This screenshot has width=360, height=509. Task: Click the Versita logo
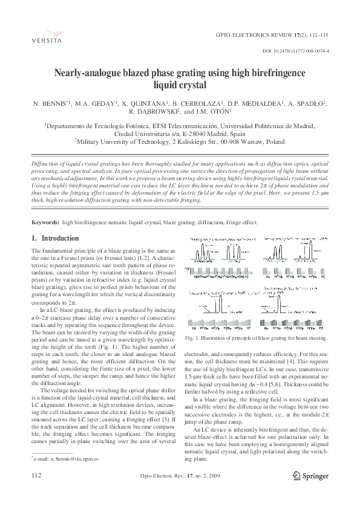coord(39,37)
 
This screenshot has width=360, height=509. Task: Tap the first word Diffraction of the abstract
coord(45,164)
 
